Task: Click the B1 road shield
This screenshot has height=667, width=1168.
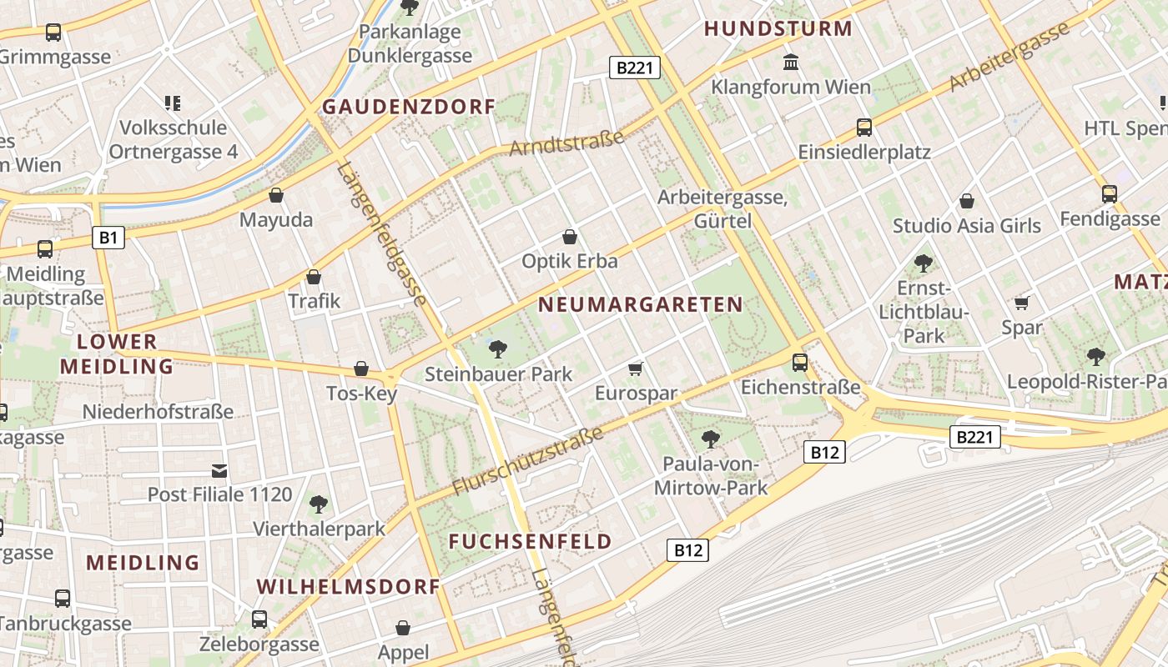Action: tap(108, 238)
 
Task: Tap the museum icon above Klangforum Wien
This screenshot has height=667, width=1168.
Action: tap(790, 62)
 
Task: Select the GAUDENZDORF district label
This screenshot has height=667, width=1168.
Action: tap(409, 107)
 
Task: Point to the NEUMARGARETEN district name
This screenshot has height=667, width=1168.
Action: tap(640, 304)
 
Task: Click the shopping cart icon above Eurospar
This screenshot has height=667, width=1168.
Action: tap(636, 369)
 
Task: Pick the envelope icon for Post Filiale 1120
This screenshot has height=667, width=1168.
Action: tap(219, 471)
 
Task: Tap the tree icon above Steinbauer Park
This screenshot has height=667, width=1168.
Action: tap(498, 349)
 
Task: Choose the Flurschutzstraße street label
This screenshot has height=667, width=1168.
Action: tap(527, 461)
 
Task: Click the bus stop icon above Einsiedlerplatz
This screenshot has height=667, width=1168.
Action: tap(864, 128)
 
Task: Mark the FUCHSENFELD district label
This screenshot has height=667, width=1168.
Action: tap(530, 541)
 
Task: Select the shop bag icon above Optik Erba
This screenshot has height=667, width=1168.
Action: tap(570, 237)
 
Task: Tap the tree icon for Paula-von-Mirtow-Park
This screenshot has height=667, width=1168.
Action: tap(711, 439)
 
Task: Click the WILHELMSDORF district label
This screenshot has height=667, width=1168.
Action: tap(348, 586)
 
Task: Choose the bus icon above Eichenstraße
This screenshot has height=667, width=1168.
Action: tap(800, 362)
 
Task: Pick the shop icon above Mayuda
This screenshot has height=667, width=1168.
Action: tap(276, 195)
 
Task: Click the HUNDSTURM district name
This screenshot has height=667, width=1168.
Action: tap(778, 28)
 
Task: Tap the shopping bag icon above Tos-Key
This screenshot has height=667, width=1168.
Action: tap(361, 368)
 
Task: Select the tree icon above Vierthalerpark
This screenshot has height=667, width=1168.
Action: tap(318, 504)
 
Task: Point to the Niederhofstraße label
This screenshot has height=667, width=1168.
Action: tap(158, 411)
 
